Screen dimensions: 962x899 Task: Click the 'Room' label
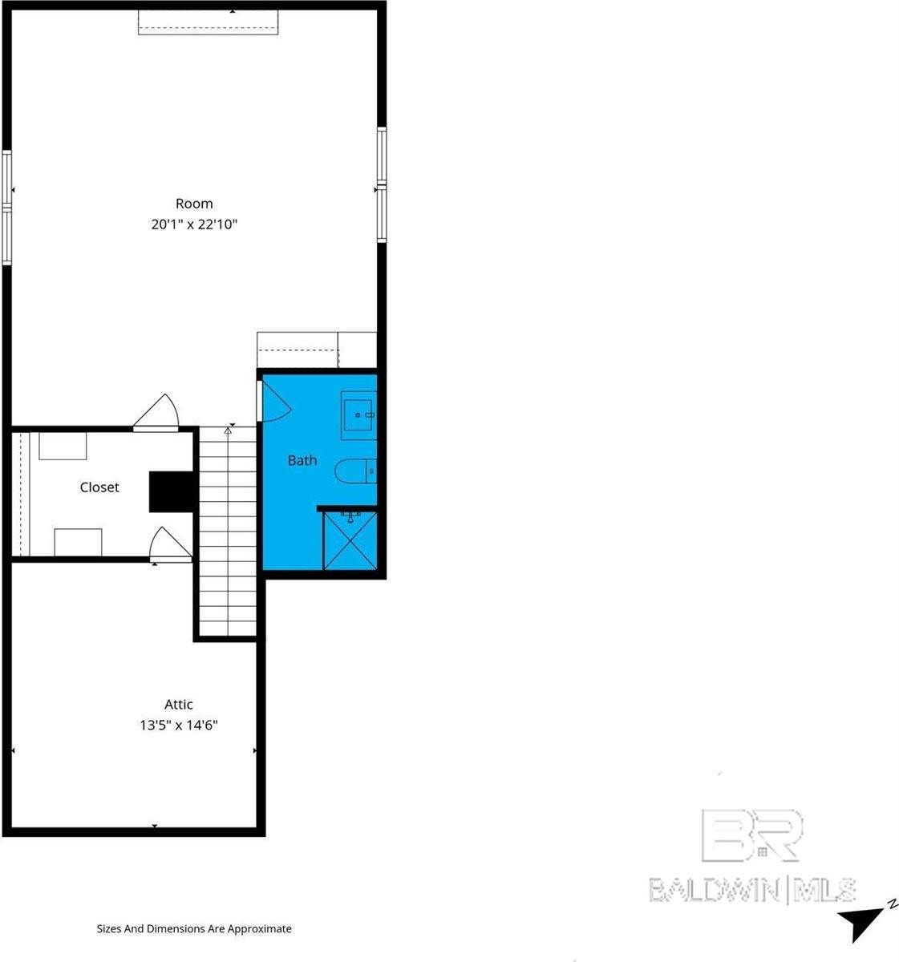(x=194, y=204)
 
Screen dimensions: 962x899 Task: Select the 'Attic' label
(x=179, y=705)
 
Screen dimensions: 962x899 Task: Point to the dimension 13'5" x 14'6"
(x=179, y=726)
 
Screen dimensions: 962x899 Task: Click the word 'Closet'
(x=99, y=487)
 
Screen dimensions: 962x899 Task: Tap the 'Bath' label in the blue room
(x=302, y=460)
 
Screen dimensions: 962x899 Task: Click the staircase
(x=228, y=533)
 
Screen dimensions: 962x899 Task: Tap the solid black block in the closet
(x=171, y=491)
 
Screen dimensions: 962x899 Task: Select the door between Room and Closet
(x=156, y=415)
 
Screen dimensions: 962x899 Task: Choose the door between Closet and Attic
(x=171, y=545)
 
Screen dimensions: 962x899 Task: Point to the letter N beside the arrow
(x=891, y=904)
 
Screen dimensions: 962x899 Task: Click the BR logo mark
(x=751, y=835)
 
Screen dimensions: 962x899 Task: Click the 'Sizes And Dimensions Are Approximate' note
(x=194, y=929)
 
